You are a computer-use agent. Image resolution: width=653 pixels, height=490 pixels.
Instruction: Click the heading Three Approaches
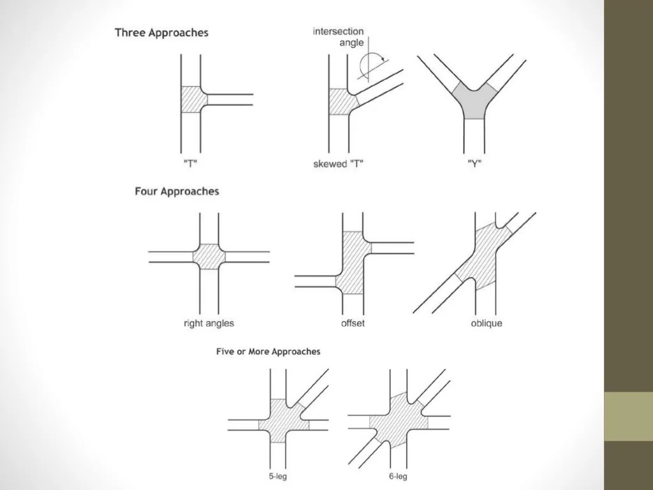coord(161,33)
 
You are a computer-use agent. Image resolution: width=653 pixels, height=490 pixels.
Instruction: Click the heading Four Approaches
coord(177,191)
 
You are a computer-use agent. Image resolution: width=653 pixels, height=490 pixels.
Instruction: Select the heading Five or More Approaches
coord(268,352)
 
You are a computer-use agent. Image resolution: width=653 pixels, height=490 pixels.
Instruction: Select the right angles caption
coord(209,323)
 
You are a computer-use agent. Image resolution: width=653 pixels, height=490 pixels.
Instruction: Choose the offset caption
coord(353,323)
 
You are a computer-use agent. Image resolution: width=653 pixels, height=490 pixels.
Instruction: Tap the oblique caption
coord(486,323)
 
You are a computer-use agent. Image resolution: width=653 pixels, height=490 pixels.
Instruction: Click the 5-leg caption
coord(278,476)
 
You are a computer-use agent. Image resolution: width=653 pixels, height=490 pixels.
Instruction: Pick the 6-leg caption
coord(397,476)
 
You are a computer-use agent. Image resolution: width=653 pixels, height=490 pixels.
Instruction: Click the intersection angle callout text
coord(338,37)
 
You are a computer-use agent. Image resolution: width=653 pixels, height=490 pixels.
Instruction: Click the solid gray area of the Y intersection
coord(473,102)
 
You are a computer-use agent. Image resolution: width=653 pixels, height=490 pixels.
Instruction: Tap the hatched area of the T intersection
coord(191,100)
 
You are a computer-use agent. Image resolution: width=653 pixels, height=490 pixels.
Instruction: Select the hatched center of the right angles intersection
coord(209,256)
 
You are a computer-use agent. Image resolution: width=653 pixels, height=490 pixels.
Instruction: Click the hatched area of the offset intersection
coord(353,263)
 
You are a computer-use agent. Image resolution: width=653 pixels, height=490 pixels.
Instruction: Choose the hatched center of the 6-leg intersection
coord(399,419)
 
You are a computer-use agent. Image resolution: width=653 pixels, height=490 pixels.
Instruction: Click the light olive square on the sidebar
coord(628,416)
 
